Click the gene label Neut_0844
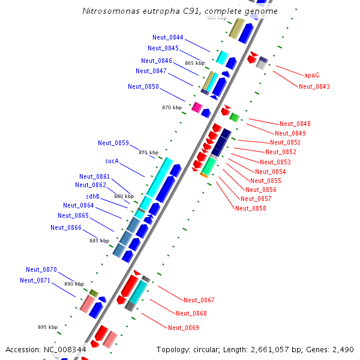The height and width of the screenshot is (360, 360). tap(168, 38)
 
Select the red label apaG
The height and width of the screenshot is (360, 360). tap(311, 76)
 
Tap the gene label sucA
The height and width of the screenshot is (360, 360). tap(112, 161)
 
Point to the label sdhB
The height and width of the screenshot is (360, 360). tap(92, 196)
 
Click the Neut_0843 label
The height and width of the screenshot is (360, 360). tap(314, 86)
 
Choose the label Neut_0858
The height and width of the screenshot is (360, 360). tap(251, 208)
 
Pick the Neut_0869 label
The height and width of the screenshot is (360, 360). tap(184, 328)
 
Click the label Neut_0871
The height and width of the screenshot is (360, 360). tap(35, 280)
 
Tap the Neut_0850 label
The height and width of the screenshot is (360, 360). tap(143, 87)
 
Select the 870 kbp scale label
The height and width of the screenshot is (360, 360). tap(172, 107)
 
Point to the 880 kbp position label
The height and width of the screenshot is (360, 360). tap(124, 196)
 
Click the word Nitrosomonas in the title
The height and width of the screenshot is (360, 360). tap(109, 11)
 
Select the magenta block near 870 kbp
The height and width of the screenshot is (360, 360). tap(196, 107)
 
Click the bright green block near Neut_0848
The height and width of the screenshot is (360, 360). tap(235, 117)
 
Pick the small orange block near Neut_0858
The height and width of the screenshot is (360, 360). tap(204, 175)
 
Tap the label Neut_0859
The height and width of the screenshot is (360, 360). tap(113, 143)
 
